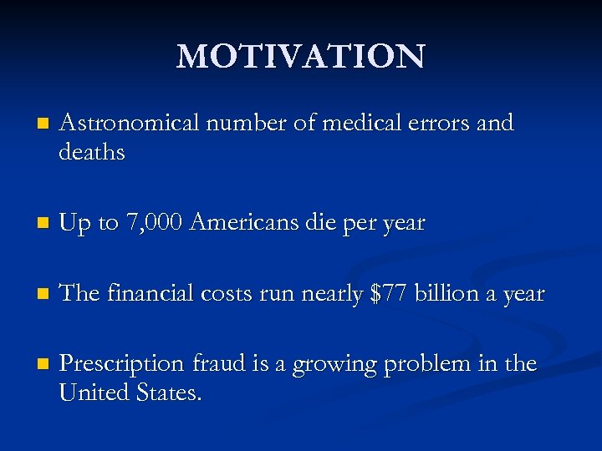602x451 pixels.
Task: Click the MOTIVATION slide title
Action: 301,57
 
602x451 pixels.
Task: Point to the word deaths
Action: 92,152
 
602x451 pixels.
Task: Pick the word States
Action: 170,392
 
